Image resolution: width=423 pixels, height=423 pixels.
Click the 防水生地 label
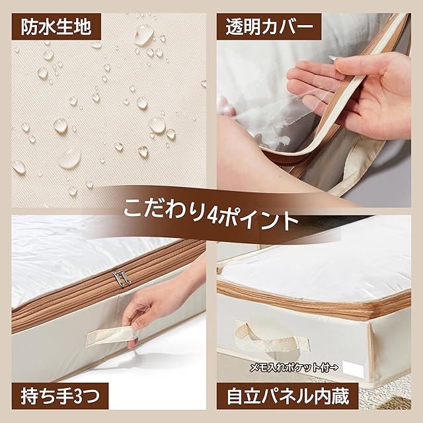coord(56,26)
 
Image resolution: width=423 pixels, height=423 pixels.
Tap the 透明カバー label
coord(269,26)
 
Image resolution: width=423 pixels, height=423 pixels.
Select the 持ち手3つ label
coord(60,396)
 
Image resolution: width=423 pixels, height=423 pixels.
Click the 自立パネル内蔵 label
coord(288,396)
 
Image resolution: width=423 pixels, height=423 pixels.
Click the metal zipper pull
coord(122,279)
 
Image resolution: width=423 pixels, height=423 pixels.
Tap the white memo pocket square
coord(353,367)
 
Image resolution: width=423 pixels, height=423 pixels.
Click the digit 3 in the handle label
coord(79,396)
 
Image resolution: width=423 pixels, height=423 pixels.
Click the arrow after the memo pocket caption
coord(333,367)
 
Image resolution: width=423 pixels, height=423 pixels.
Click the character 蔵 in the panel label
coord(341,396)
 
